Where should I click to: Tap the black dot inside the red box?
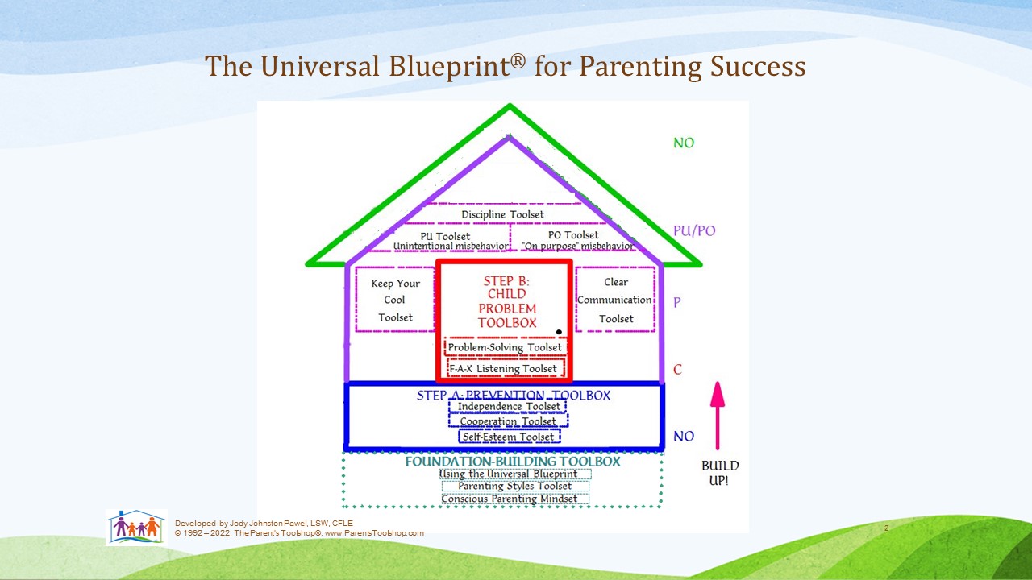(559, 332)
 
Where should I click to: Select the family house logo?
(136, 528)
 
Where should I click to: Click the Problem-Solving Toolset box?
(505, 347)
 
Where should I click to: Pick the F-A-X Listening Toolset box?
(506, 368)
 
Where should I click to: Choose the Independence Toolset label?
(509, 407)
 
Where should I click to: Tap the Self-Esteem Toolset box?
(509, 437)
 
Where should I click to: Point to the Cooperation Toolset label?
(508, 421)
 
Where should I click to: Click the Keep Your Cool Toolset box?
(395, 299)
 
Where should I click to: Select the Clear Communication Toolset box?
(615, 299)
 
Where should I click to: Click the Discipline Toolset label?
(502, 214)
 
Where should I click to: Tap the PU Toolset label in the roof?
(445, 236)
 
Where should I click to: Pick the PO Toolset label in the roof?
(573, 235)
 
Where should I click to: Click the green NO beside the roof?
(684, 143)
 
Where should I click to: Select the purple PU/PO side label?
(694, 230)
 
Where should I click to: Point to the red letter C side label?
(677, 369)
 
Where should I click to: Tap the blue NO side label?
(684, 436)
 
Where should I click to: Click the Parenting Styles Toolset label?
(514, 486)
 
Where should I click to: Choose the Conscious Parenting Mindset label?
(509, 499)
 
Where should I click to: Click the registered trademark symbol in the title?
(518, 61)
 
